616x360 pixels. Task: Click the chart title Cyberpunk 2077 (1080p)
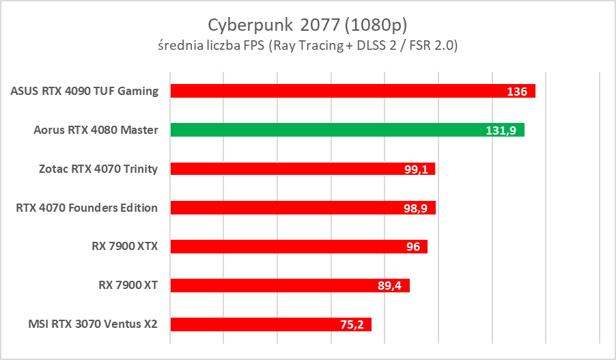[x=307, y=25]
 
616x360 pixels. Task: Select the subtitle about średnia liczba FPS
[x=307, y=46]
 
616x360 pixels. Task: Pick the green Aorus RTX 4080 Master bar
[x=328, y=130]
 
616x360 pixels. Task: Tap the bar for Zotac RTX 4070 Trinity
[x=287, y=169]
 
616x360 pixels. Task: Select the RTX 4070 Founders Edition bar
[x=287, y=208]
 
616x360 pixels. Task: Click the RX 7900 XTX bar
[x=287, y=247]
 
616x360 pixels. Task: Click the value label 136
[x=517, y=92]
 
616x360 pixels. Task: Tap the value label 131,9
[x=501, y=130]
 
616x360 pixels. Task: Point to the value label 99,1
[x=415, y=169]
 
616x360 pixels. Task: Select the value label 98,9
[x=415, y=208]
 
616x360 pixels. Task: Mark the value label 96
[x=412, y=247]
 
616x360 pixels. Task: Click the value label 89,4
[x=389, y=286]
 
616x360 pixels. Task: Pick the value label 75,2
[x=352, y=325]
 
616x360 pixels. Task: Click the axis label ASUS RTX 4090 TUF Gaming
[x=85, y=91]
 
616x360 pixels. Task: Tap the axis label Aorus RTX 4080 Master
[x=96, y=130]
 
